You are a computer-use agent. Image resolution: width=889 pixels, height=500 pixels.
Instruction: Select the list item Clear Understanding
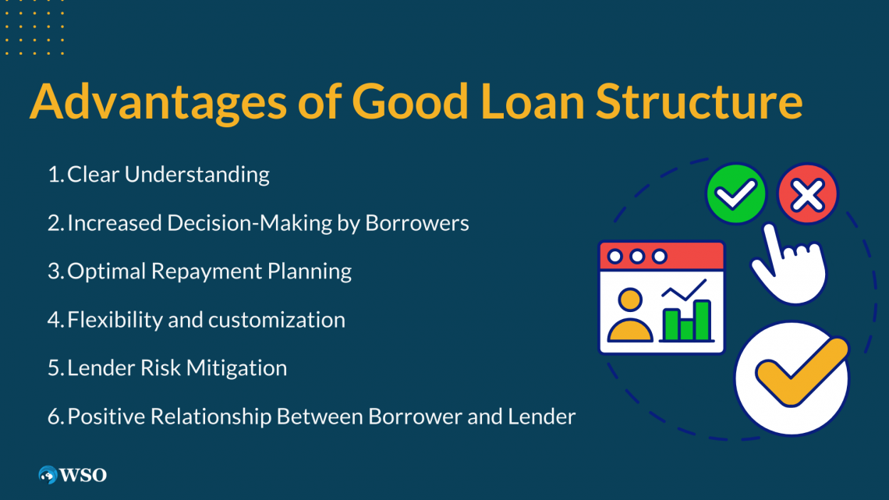click(168, 174)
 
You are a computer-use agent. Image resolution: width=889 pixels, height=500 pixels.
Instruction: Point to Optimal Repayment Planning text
click(209, 271)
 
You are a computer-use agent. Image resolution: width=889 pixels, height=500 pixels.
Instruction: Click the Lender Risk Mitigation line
click(177, 368)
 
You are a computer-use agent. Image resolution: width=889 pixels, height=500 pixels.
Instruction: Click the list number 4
click(54, 320)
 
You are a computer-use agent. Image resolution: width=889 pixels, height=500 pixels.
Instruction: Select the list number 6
click(54, 417)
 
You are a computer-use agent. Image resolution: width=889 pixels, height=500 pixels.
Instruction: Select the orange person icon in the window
click(629, 316)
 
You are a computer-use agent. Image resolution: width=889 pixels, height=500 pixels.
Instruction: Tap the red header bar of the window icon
click(661, 256)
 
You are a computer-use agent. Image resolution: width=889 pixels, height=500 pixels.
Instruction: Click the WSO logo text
click(83, 474)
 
